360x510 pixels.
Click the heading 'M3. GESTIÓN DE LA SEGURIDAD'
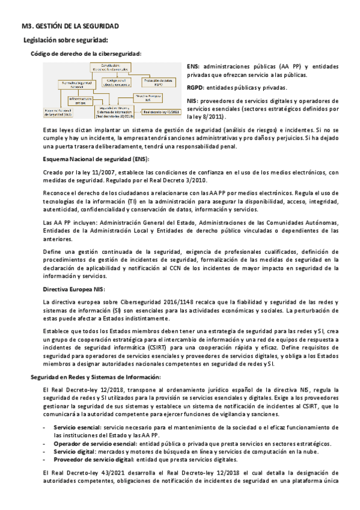pyautogui.click(x=66, y=26)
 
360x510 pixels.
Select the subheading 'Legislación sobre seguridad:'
pyautogui.click(x=65, y=40)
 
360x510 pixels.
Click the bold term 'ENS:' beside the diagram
pyautogui.click(x=193, y=66)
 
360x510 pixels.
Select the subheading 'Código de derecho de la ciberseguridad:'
pyautogui.click(x=86, y=54)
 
